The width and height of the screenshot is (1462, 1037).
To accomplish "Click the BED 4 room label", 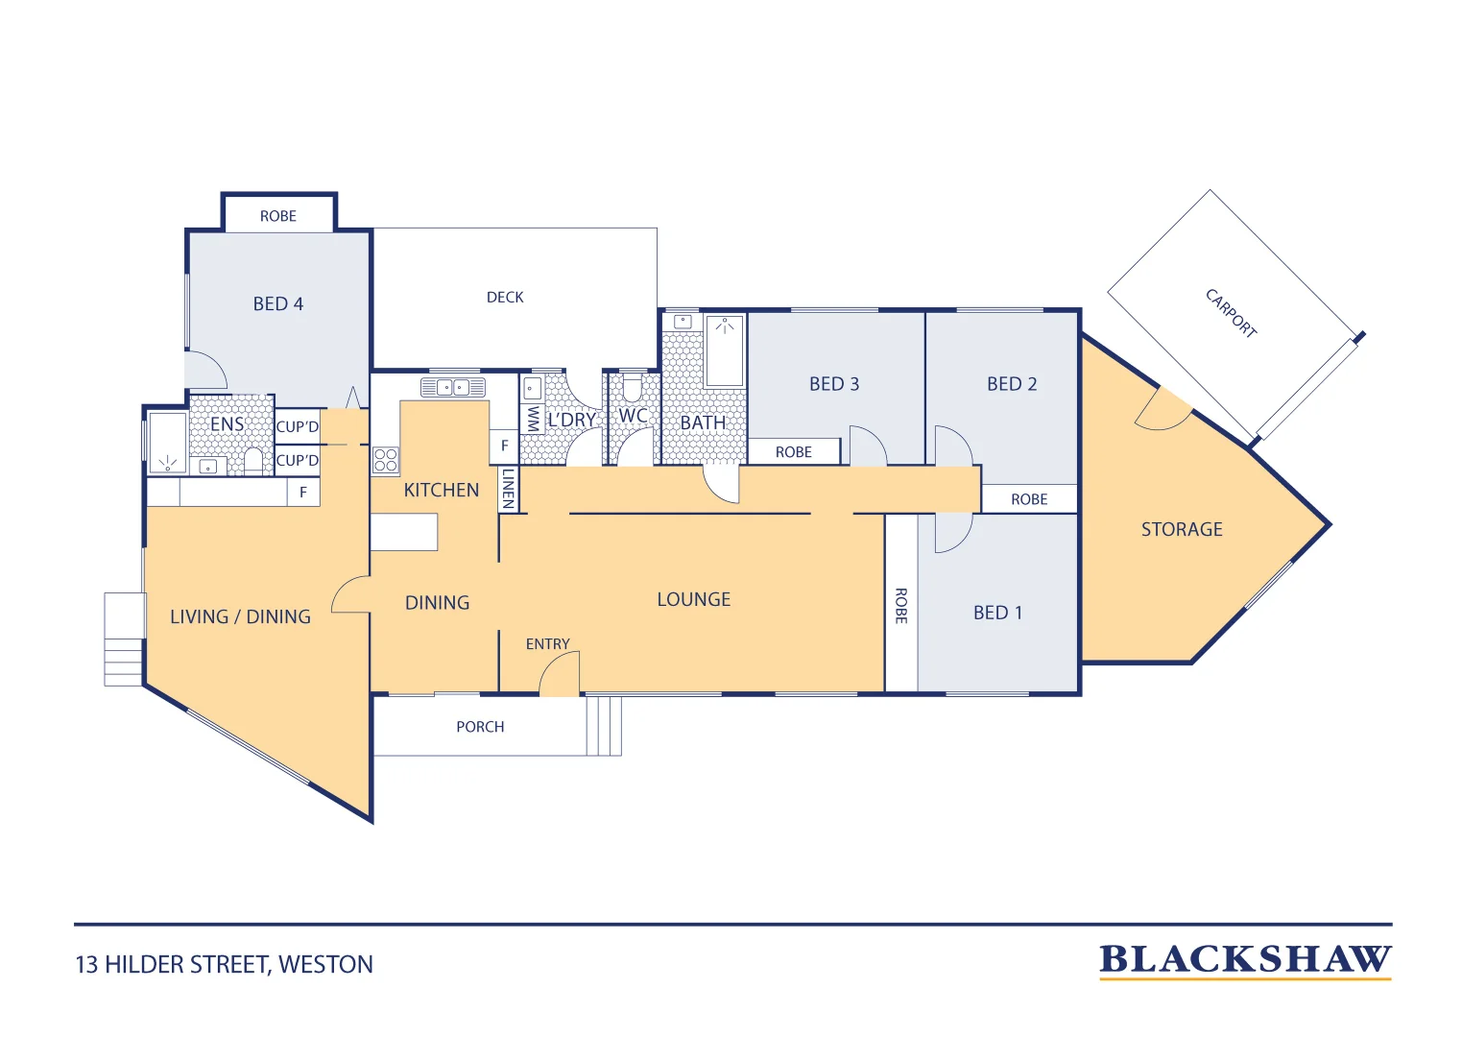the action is click(278, 303).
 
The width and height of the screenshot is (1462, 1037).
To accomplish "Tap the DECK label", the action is click(505, 297).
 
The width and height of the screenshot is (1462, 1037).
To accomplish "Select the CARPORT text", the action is click(1231, 313).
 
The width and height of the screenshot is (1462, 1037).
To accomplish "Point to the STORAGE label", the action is click(1182, 529).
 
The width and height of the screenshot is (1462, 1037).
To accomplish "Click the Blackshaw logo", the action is click(1245, 961).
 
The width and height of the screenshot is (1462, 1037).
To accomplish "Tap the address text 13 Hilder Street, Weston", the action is click(224, 965).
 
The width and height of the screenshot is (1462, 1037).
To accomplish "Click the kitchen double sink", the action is click(453, 387).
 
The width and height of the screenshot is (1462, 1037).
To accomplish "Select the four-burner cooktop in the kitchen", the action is click(385, 459).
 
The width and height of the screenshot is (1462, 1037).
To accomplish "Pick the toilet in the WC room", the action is click(633, 387).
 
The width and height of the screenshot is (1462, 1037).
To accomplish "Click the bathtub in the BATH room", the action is click(725, 351).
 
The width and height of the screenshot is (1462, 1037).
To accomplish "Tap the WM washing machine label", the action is click(533, 420).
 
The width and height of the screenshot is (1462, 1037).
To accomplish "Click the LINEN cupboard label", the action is click(509, 489).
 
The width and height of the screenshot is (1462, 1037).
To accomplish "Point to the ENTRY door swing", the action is click(560, 673).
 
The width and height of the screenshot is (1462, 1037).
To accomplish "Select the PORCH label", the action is click(480, 727).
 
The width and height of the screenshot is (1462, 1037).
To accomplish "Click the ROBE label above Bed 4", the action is click(278, 216).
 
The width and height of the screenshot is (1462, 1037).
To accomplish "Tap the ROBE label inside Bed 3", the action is click(794, 452).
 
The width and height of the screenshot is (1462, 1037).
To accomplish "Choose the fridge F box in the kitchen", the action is click(504, 446).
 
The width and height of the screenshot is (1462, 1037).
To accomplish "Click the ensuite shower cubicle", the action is click(168, 442).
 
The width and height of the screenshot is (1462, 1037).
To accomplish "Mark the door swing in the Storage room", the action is click(1163, 409).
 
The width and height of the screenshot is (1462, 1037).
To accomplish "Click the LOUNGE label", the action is click(694, 599).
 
